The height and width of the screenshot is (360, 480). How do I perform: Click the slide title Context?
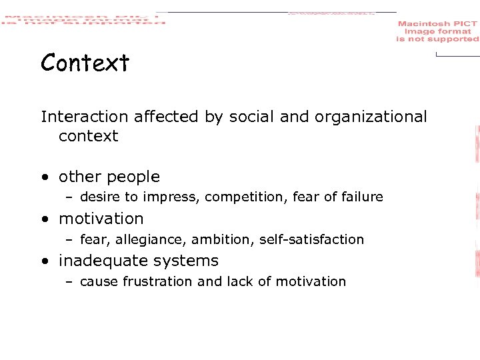[x=85, y=63]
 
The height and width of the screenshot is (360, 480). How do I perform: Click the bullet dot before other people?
[x=44, y=178]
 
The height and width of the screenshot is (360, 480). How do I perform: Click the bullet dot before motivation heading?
[x=44, y=219]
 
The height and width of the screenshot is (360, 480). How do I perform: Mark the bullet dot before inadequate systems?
[x=44, y=261]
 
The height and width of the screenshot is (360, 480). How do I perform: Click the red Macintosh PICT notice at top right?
[x=437, y=31]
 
